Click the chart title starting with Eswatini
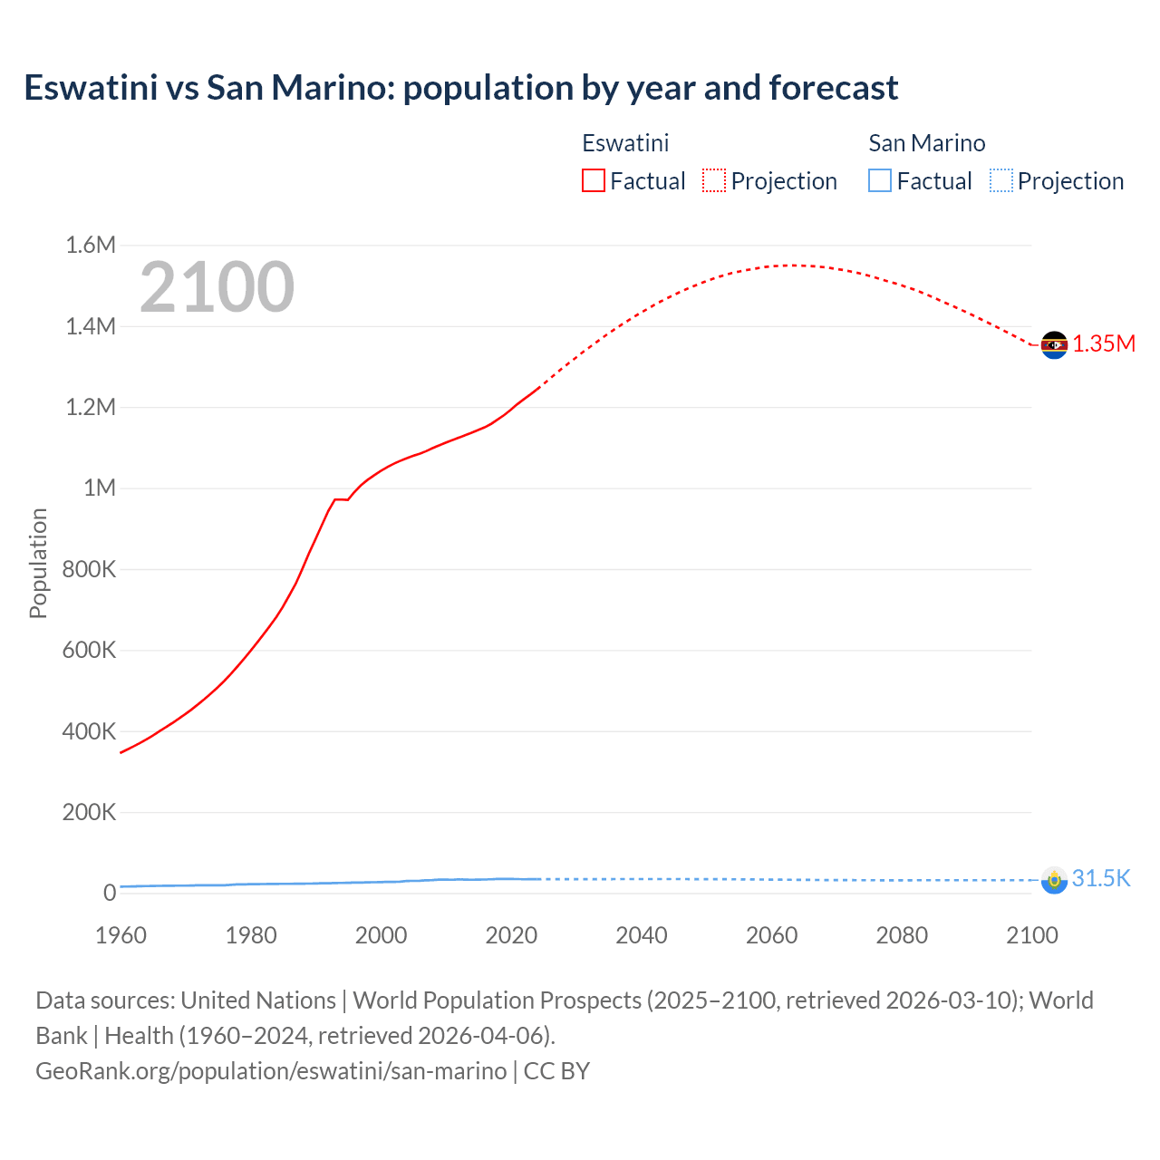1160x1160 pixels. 460,88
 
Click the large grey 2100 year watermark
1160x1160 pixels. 217,287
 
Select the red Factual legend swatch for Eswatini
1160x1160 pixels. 594,181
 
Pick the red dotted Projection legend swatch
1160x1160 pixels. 714,181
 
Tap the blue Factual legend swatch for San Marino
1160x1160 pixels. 880,181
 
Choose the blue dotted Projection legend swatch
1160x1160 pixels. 1001,181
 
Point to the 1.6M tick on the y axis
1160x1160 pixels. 91,245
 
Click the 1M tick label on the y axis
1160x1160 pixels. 99,488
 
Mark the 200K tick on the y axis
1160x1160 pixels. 89,812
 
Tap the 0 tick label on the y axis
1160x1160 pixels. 110,893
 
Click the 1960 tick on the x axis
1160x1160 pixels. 121,935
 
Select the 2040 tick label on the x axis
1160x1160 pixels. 642,935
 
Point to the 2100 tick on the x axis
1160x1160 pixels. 1031,935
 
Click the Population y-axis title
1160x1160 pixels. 38,563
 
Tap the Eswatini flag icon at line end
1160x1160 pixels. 1054,345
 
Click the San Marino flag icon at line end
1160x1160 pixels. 1054,880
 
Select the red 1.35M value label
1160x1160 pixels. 1104,344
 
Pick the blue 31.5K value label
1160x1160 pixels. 1101,879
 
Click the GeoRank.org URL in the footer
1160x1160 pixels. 271,1071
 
